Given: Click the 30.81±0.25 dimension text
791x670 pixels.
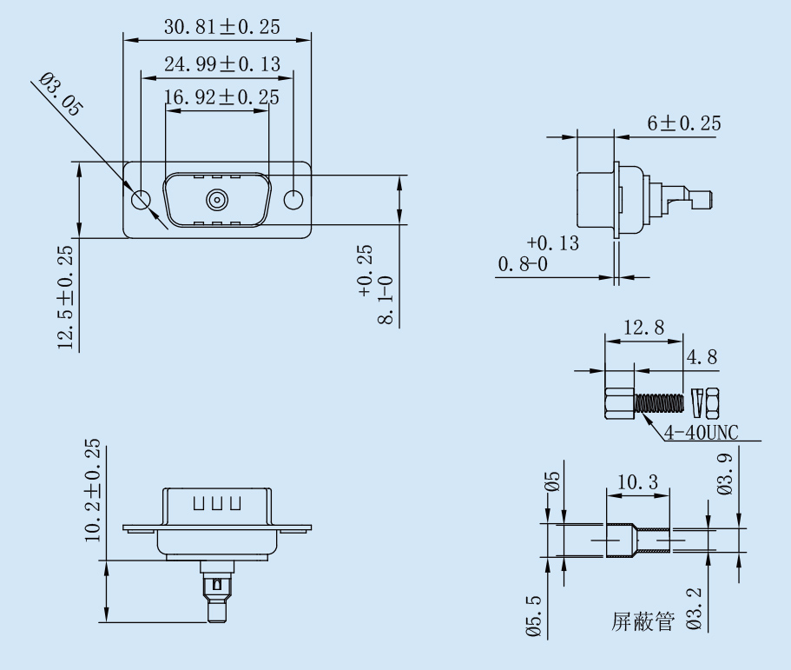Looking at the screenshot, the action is pos(222,28).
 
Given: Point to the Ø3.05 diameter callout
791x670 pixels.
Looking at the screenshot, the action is pos(61,96).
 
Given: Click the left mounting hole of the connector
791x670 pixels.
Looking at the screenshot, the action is pos(141,200).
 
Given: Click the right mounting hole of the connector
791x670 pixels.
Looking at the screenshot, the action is pos(294,200).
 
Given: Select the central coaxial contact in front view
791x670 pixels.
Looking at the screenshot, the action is pos(217,201).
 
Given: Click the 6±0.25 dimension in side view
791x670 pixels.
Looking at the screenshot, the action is pos(683,123).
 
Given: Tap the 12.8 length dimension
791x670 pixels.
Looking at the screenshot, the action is pos(643,328).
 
